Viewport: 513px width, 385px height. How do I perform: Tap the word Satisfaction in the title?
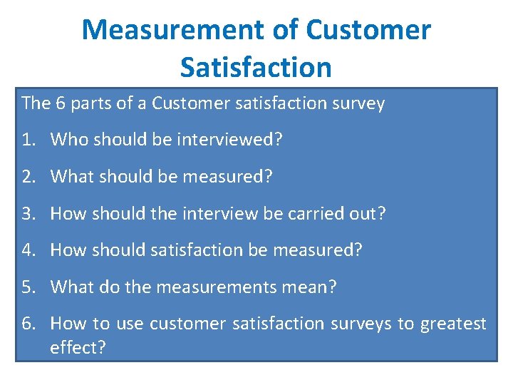click(x=256, y=67)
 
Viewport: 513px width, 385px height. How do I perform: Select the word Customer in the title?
click(x=368, y=30)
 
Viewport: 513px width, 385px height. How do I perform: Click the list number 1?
click(x=26, y=139)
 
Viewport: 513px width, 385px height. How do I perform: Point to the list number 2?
click(x=26, y=176)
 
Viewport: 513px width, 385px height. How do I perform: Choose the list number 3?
click(x=26, y=213)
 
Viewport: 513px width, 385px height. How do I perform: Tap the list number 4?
click(x=26, y=250)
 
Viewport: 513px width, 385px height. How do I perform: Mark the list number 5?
click(x=26, y=287)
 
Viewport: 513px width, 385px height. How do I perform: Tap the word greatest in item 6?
click(x=453, y=324)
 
